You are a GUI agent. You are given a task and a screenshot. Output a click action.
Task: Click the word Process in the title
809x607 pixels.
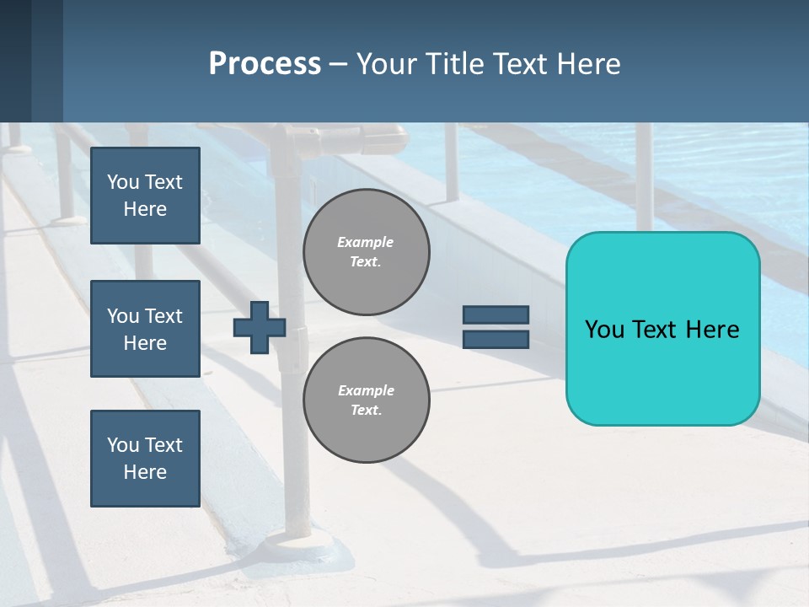(265, 64)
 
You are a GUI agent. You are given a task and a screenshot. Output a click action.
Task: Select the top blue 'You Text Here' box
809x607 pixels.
(145, 196)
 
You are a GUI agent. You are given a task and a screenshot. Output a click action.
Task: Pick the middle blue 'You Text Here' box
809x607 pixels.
(145, 329)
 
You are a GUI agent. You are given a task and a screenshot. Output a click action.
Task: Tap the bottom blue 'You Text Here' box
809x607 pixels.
(145, 459)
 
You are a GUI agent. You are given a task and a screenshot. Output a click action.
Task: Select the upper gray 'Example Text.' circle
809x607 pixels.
(366, 252)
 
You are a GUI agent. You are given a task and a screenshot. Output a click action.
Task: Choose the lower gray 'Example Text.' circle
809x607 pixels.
(366, 400)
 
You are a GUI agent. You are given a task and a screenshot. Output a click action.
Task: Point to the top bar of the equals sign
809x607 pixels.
(496, 315)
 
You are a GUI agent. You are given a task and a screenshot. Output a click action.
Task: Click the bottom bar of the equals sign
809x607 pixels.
(496, 339)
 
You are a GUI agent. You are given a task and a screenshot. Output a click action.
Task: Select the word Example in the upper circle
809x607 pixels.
(366, 242)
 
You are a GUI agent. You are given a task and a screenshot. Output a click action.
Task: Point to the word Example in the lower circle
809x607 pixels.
(366, 390)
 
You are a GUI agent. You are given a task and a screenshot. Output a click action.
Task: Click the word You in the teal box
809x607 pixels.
(603, 330)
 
